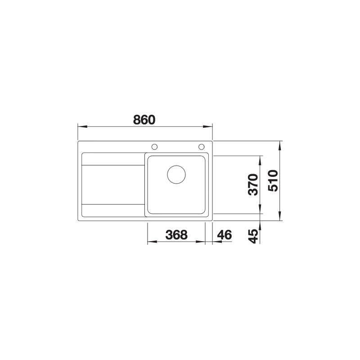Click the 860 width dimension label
(x=144, y=120)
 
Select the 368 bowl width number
(x=176, y=235)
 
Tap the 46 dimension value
(x=224, y=235)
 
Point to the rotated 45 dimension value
(x=253, y=236)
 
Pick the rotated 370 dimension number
(x=253, y=184)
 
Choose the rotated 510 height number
(x=273, y=181)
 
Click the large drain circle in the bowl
(x=176, y=175)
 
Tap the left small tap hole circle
(x=154, y=147)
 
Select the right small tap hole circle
(x=201, y=147)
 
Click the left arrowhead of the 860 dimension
(x=82, y=126)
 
